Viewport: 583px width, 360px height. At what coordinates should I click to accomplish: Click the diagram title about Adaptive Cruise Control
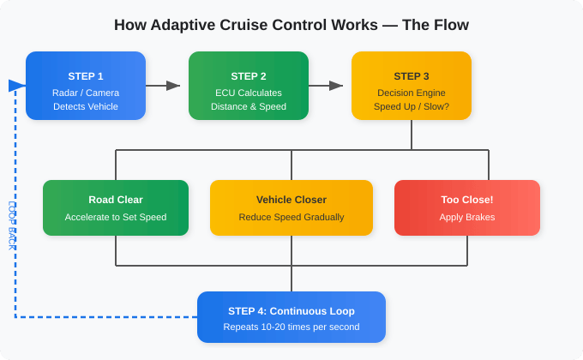291,25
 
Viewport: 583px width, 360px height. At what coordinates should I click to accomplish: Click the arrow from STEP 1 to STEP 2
163,86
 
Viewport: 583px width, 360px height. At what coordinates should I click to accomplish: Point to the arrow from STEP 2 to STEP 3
326,86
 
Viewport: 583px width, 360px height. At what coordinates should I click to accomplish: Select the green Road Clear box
116,207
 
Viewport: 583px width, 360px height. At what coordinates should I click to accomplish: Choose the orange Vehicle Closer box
291,207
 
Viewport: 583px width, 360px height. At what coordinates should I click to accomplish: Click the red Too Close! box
467,207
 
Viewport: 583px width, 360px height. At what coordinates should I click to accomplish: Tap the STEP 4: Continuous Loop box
291,317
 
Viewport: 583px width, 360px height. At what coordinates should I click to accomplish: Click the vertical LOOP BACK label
12,225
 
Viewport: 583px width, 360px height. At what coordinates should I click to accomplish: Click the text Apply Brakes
467,218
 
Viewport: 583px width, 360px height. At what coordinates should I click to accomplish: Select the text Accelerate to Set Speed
116,218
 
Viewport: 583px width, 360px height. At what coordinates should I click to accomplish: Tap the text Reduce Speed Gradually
291,218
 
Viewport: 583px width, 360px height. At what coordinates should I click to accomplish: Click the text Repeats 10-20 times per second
291,327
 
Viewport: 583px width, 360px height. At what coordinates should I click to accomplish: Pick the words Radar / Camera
86,93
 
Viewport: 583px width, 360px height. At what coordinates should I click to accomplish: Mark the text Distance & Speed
249,107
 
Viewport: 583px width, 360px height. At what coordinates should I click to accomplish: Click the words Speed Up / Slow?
412,107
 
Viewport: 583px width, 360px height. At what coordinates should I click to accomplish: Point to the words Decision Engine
412,93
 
